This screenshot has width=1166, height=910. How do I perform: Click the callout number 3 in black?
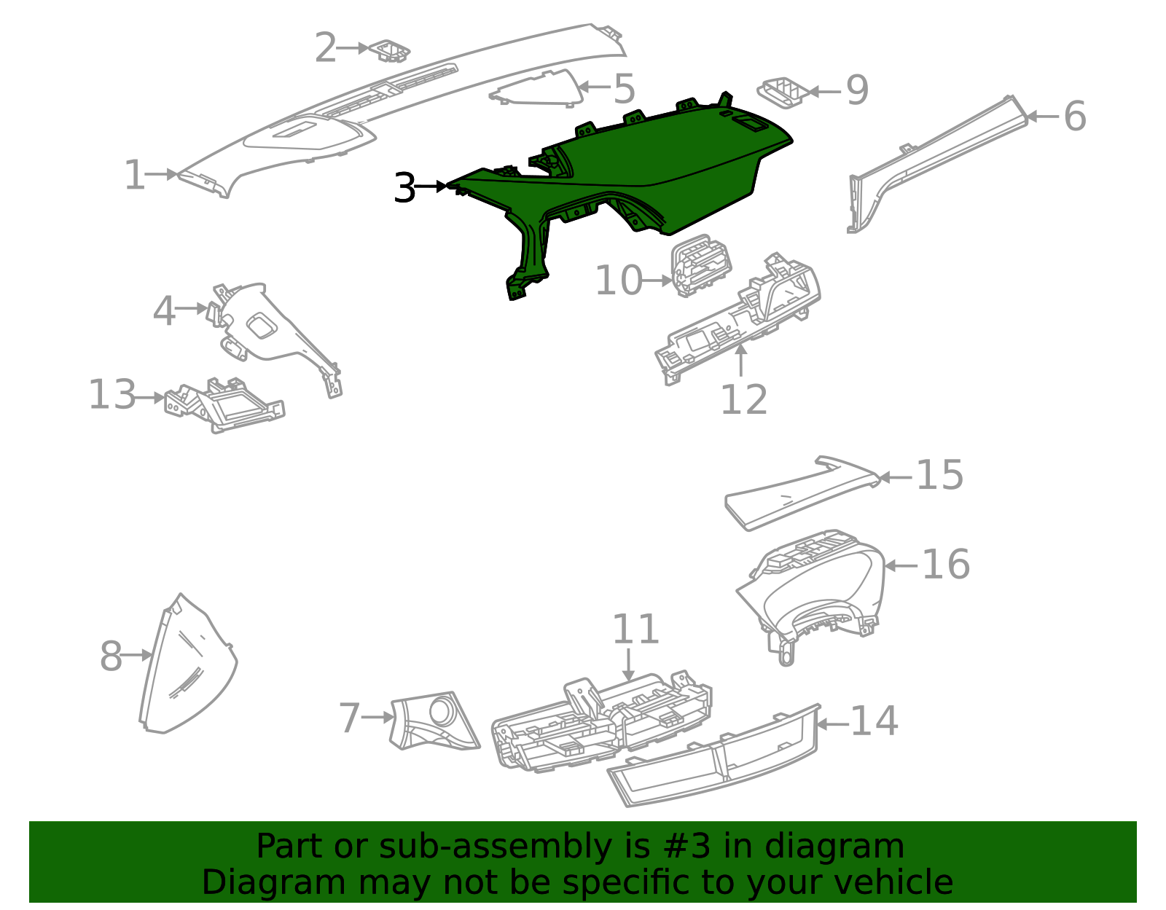(x=404, y=188)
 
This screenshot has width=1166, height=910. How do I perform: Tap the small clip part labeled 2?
(x=390, y=51)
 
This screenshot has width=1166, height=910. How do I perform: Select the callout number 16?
(x=945, y=565)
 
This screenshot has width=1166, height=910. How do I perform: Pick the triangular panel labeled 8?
(x=182, y=667)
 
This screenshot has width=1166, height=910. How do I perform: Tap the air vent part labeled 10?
(x=700, y=265)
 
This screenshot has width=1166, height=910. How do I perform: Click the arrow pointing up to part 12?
(x=742, y=360)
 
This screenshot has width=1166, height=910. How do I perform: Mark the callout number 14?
(x=874, y=721)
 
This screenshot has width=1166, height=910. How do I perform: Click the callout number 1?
(x=135, y=176)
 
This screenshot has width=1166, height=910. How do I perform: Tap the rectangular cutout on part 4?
(x=261, y=326)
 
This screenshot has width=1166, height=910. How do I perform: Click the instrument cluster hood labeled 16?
(x=816, y=590)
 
